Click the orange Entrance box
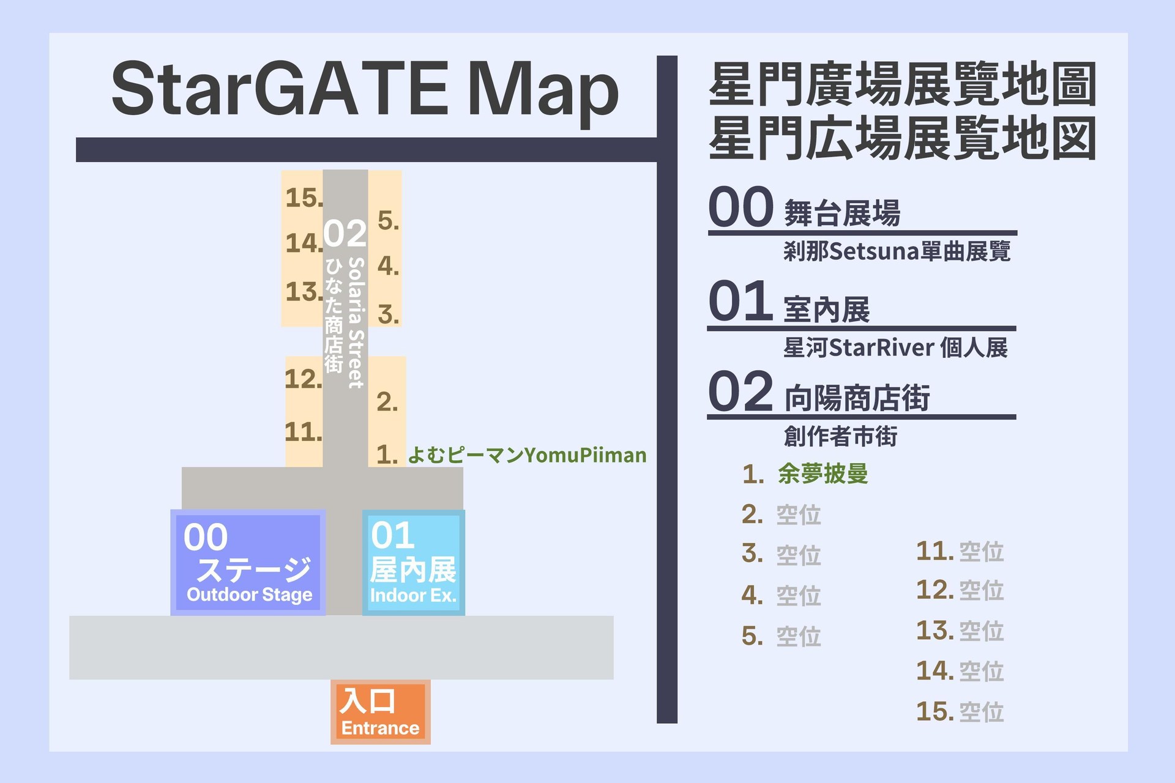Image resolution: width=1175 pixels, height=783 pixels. click(x=380, y=712)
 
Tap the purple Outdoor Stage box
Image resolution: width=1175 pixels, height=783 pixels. click(x=248, y=562)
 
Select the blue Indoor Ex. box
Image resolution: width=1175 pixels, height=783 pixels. click(x=413, y=562)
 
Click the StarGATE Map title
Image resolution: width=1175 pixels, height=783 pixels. click(x=365, y=89)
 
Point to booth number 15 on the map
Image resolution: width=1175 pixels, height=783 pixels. click(x=304, y=198)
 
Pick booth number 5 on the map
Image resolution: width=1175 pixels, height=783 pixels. click(x=388, y=220)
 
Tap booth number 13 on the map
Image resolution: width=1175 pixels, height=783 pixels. click(x=304, y=292)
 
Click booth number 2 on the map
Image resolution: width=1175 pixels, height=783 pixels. click(x=387, y=402)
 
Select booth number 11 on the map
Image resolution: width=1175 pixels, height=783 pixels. click(x=303, y=432)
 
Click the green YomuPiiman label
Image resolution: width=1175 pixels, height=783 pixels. click(x=526, y=455)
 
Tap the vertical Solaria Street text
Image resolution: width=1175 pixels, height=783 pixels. click(x=356, y=322)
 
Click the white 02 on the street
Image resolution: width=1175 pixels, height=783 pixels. click(x=345, y=233)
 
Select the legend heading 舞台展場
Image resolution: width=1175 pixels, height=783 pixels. click(x=842, y=213)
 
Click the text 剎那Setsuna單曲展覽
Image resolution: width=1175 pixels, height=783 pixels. click(x=897, y=251)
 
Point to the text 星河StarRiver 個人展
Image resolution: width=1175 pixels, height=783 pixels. click(x=895, y=347)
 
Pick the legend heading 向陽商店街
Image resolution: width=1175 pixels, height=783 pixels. click(x=857, y=398)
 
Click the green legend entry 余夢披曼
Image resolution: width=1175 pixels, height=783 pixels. click(x=822, y=473)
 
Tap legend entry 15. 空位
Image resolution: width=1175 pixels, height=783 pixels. click(x=960, y=711)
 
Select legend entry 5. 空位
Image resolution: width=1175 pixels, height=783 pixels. click(x=781, y=636)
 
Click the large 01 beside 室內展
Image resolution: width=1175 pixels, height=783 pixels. click(x=740, y=301)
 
